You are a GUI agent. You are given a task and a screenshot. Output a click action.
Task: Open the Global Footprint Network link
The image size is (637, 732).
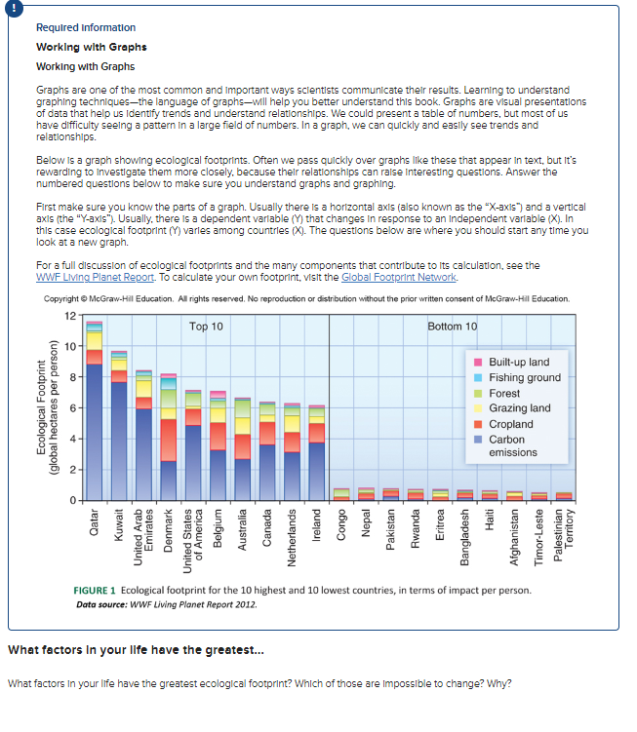[x=390, y=276]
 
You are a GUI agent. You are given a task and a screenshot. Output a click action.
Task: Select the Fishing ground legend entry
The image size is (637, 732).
[x=523, y=377]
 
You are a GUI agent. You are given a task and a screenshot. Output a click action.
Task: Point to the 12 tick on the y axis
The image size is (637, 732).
[x=70, y=314]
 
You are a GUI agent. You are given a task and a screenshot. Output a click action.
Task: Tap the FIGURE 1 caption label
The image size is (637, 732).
[x=95, y=591]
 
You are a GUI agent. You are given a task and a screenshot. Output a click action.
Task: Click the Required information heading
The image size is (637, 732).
[x=86, y=27]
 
